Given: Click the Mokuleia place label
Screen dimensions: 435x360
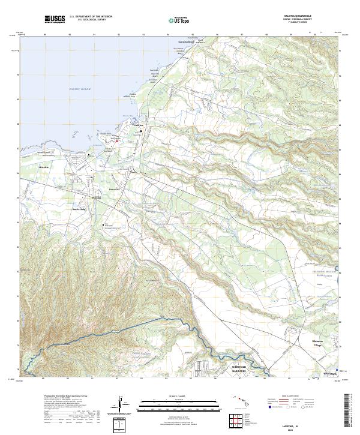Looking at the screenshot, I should click(44, 167).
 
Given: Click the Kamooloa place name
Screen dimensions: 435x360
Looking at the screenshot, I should click(115, 190).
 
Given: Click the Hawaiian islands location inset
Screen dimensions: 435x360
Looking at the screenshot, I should click(239, 400).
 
